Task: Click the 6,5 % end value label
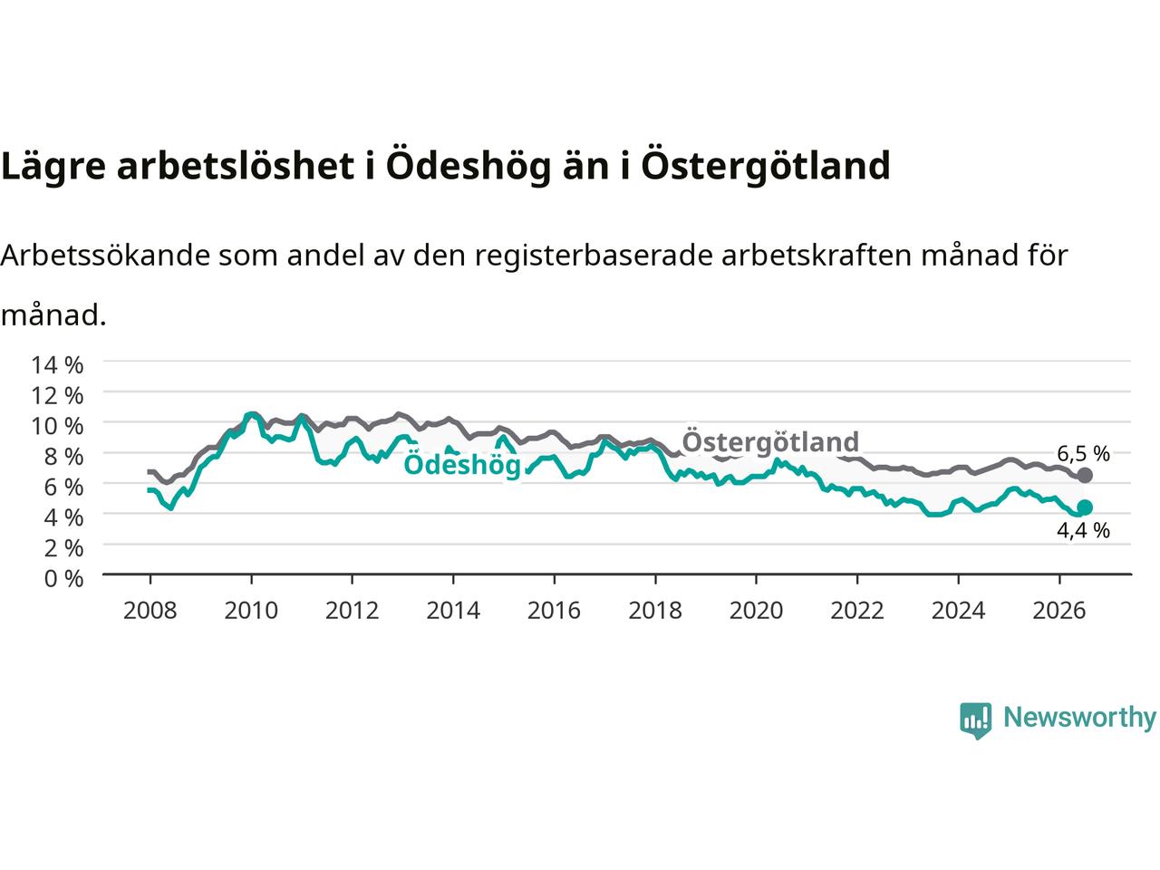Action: click(x=1083, y=453)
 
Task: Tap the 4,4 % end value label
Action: click(x=1083, y=530)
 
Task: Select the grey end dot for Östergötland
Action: click(x=1085, y=475)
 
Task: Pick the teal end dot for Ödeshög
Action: click(x=1085, y=507)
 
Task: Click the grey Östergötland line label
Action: click(x=770, y=441)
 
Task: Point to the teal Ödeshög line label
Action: click(x=462, y=465)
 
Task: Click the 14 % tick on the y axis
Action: click(x=57, y=365)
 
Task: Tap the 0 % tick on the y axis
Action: click(x=63, y=578)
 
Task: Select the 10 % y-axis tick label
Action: click(x=57, y=426)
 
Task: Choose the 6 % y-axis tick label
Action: click(x=63, y=487)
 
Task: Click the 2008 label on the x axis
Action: click(x=150, y=611)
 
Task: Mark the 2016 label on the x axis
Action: click(x=554, y=611)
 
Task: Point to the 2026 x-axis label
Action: click(x=1059, y=611)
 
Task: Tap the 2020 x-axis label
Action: click(x=756, y=611)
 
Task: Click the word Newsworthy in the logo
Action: click(x=1079, y=718)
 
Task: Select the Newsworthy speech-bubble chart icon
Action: click(x=975, y=720)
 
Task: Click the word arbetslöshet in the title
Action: click(x=235, y=165)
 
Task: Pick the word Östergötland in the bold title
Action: click(x=766, y=166)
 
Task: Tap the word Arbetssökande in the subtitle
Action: click(x=105, y=256)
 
